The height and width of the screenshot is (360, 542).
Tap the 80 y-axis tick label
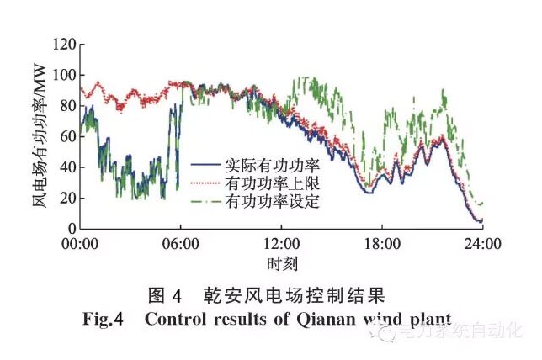(x=66, y=105)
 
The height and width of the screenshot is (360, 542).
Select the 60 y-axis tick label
(x=66, y=136)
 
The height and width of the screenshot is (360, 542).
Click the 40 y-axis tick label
(x=66, y=167)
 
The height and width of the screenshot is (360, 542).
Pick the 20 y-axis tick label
(x=66, y=198)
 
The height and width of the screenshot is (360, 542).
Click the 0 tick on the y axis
(x=71, y=228)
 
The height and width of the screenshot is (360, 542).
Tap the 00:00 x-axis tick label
(x=81, y=245)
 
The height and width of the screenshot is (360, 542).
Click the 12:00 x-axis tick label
(x=281, y=245)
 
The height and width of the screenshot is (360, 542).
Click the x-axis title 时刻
(x=281, y=263)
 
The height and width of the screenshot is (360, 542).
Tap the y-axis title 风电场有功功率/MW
(x=40, y=135)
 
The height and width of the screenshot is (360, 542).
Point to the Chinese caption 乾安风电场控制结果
(x=295, y=296)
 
